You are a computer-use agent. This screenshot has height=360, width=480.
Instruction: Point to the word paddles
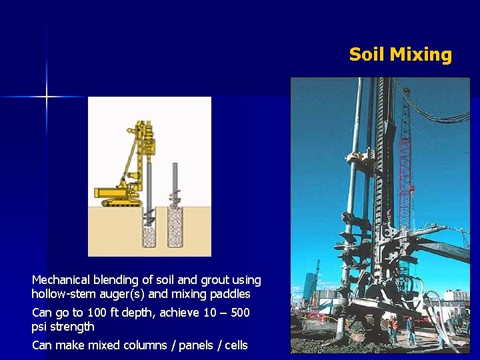230,294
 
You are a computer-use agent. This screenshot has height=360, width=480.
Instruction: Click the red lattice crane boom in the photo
404,173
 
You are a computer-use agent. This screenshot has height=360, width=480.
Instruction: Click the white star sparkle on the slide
47,97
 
